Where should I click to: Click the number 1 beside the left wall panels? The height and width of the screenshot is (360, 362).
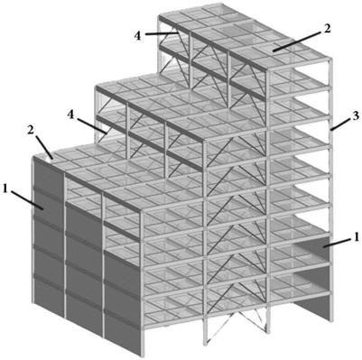(5, 189)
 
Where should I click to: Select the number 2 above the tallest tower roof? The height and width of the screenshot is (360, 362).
(327, 29)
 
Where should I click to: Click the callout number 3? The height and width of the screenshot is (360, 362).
(356, 115)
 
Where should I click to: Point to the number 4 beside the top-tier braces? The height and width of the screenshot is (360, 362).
(137, 35)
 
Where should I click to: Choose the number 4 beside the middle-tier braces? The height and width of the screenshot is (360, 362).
(71, 115)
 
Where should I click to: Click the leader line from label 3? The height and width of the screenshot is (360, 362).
(340, 124)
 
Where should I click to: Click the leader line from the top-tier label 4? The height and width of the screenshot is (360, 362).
(162, 33)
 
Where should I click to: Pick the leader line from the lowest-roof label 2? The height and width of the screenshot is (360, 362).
(45, 148)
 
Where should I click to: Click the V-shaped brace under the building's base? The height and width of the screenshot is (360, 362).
(234, 327)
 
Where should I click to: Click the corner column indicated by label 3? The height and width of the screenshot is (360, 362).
(331, 189)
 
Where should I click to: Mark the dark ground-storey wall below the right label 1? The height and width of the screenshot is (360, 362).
(313, 305)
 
